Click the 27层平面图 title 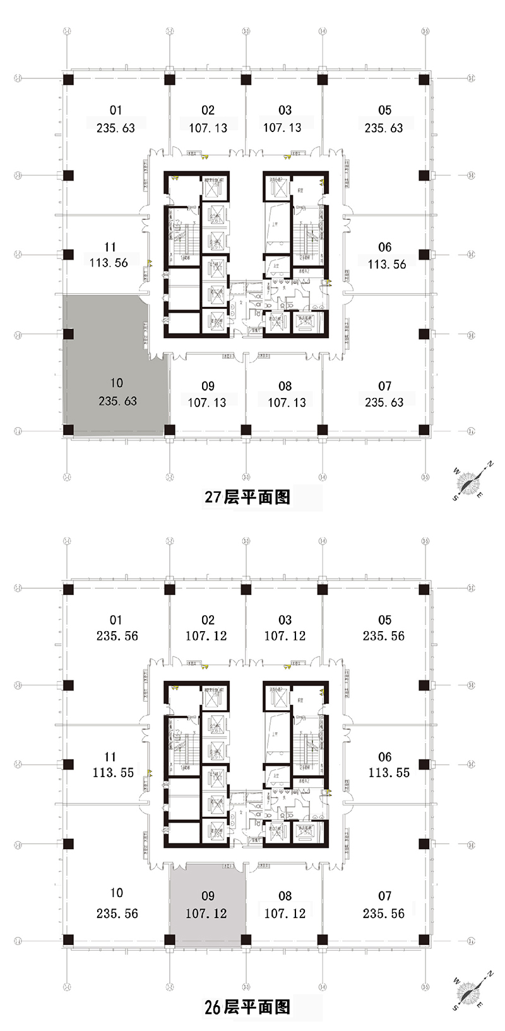pyautogui.click(x=247, y=497)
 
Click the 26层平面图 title pyautogui.click(x=247, y=1006)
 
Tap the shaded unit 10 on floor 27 pyautogui.click(x=117, y=366)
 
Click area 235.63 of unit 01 pyautogui.click(x=116, y=128)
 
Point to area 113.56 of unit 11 pyautogui.click(x=109, y=263)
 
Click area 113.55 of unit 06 pyautogui.click(x=389, y=772)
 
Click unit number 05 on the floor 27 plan pyautogui.click(x=384, y=111)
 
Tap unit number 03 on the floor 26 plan pyautogui.click(x=285, y=620)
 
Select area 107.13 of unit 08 pyautogui.click(x=287, y=402)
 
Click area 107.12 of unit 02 pyautogui.click(x=206, y=636)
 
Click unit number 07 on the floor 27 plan pyautogui.click(x=384, y=386)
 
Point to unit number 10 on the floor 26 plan pyautogui.click(x=116, y=893)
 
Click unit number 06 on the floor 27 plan pyautogui.click(x=384, y=248)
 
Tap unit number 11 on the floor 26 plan pyautogui.click(x=110, y=756)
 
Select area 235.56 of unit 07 pyautogui.click(x=383, y=913)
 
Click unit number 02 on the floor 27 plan pyautogui.click(x=208, y=111)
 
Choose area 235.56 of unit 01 pyautogui.click(x=117, y=636)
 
